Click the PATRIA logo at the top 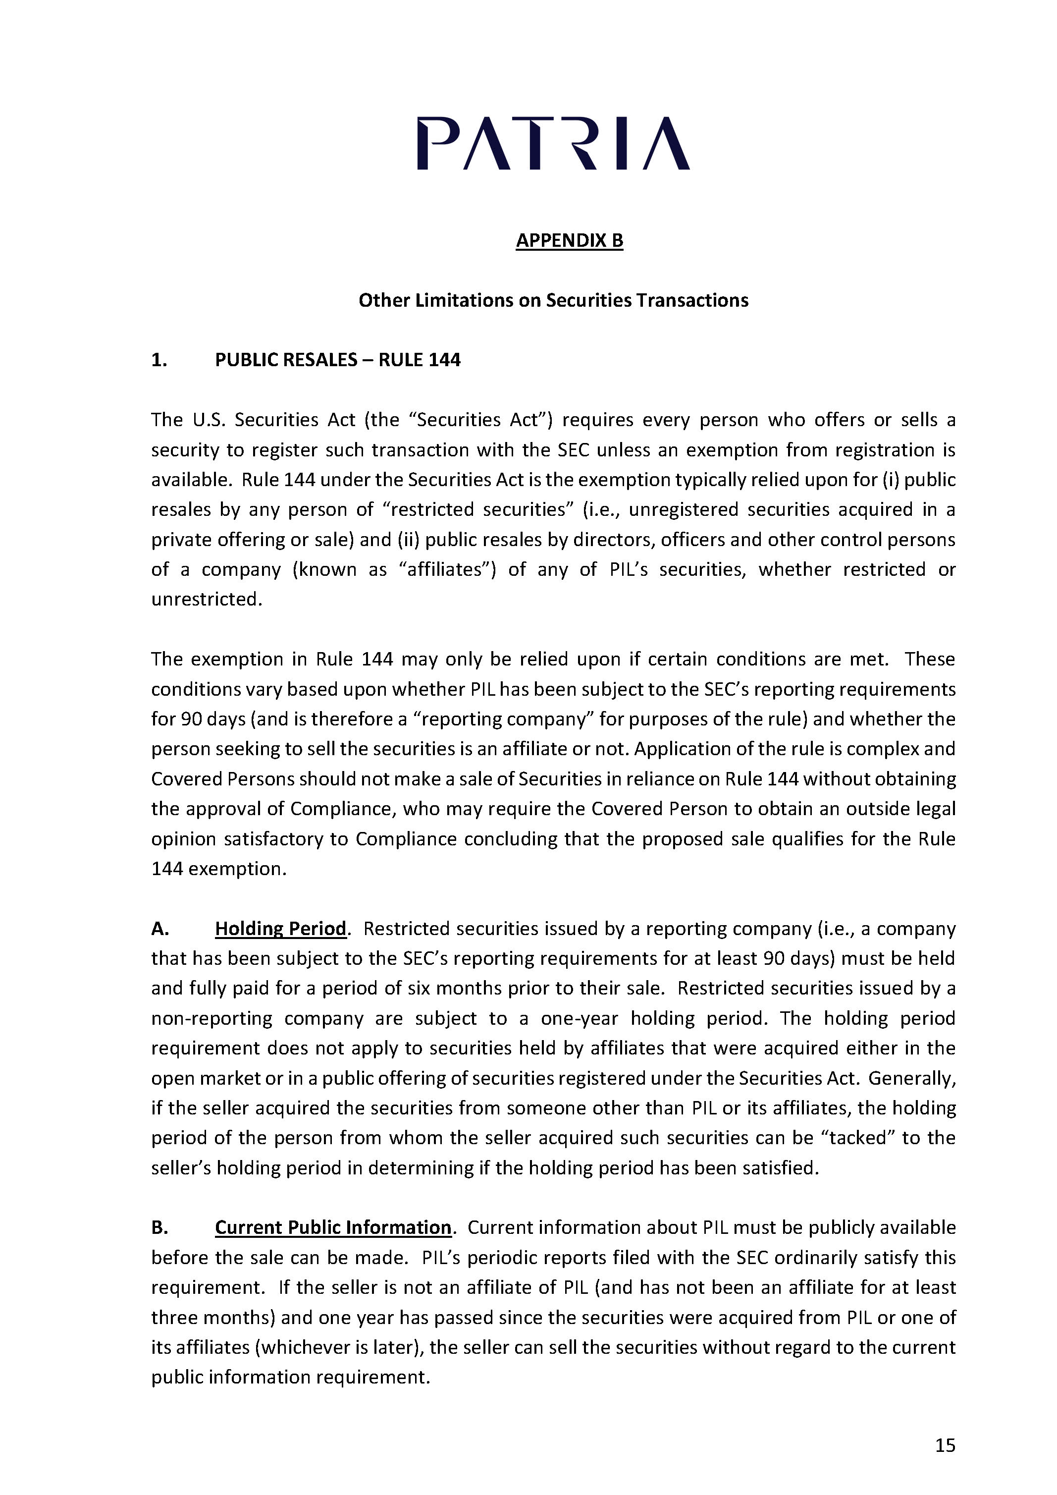(x=553, y=144)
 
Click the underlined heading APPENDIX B (x=570, y=240)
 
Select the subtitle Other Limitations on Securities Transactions (x=553, y=300)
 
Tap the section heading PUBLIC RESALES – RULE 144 (x=337, y=360)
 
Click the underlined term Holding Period (x=280, y=929)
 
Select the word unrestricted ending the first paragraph (x=206, y=599)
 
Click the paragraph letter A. (x=159, y=929)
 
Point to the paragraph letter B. (x=159, y=1227)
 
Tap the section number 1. (x=159, y=360)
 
